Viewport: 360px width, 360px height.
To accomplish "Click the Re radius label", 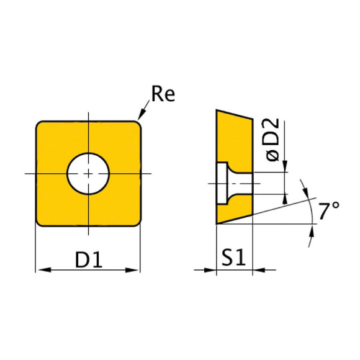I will coord(163,95).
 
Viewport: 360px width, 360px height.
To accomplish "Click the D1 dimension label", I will coord(88,261).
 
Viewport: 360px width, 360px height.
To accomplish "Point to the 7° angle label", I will coord(330,212).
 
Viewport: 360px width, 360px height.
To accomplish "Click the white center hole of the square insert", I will coord(88,173).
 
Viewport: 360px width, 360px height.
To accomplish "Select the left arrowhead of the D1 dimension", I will coord(41,270).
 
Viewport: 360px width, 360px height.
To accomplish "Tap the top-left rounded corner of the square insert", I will coord(40,124).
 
